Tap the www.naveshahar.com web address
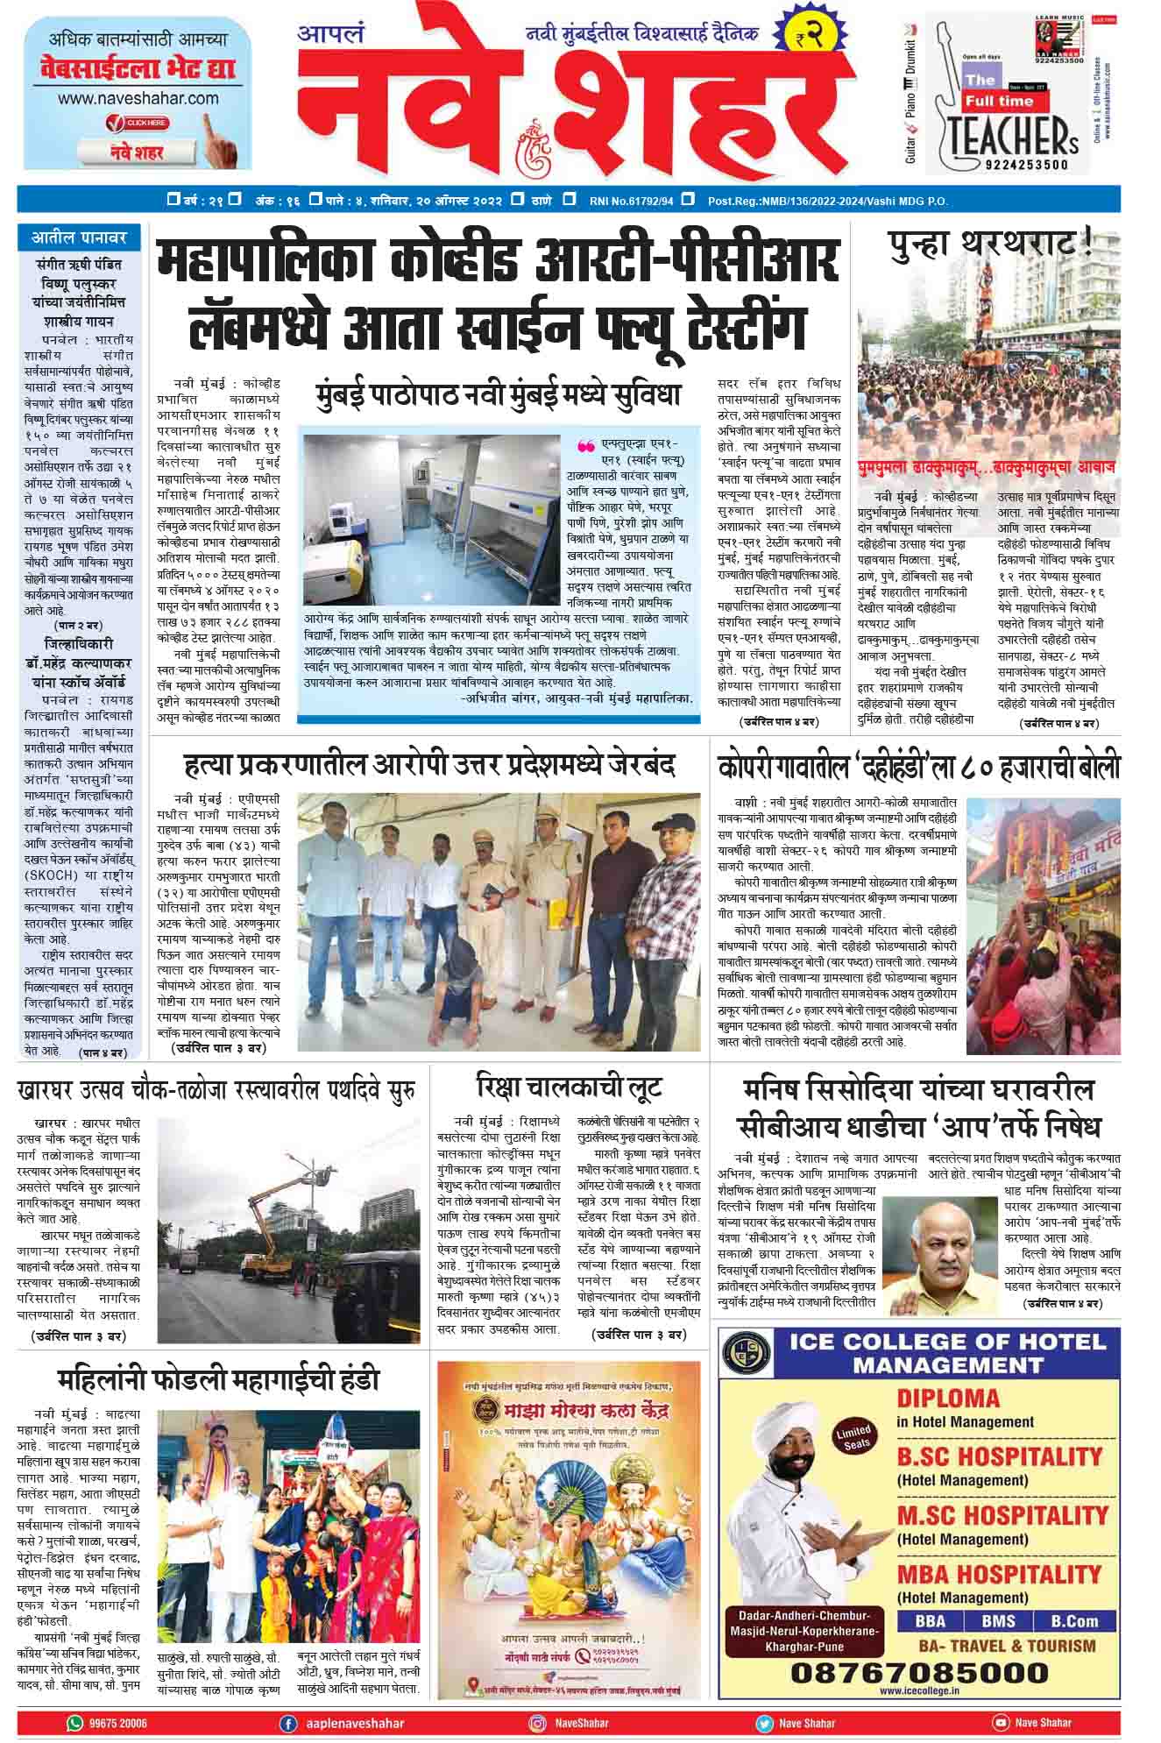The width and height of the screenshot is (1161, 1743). [138, 99]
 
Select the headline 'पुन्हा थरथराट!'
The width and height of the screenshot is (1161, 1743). [990, 244]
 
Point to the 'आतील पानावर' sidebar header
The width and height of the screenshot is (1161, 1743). [80, 237]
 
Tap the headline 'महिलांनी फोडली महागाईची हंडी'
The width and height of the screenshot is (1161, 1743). [219, 1380]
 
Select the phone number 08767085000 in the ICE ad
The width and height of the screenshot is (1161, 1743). [907, 1672]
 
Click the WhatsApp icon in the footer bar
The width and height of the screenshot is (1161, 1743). [75, 1722]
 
